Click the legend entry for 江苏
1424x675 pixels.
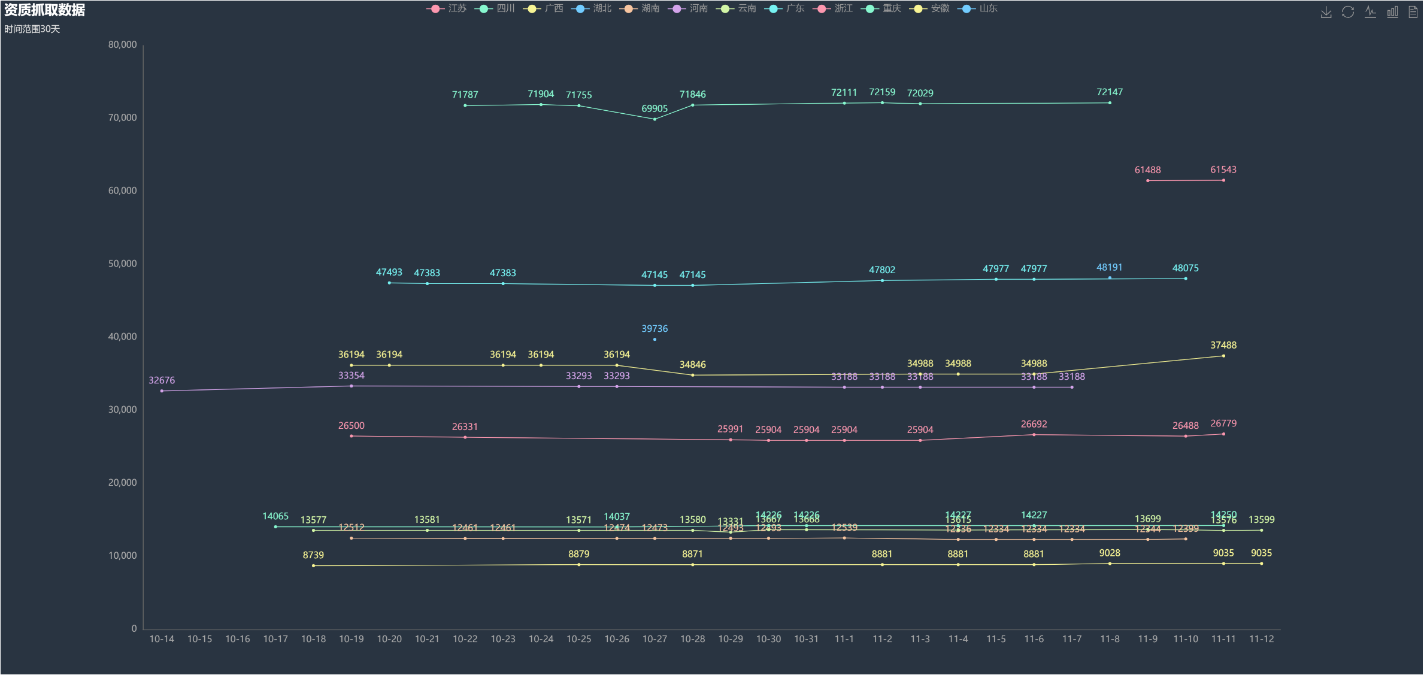click(x=447, y=8)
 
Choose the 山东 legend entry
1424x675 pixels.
click(x=978, y=8)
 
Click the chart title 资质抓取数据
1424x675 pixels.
click(x=45, y=10)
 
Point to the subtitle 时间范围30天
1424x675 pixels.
click(x=32, y=29)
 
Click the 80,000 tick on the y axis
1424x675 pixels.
click(x=122, y=45)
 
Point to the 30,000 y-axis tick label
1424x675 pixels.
click(x=122, y=410)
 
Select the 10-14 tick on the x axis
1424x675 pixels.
click(x=162, y=639)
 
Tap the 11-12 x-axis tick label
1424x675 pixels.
click(x=1261, y=639)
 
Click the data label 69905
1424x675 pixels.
click(x=655, y=108)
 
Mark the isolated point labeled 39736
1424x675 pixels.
click(x=655, y=340)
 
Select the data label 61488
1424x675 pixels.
click(x=1147, y=170)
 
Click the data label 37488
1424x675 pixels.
click(x=1223, y=345)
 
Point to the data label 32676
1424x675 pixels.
click(x=162, y=380)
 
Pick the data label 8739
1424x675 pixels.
click(x=313, y=555)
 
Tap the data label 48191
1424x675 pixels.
click(x=1110, y=268)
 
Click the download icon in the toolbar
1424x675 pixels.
click(x=1326, y=12)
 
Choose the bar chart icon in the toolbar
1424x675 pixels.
click(x=1392, y=12)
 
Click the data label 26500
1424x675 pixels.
click(x=352, y=426)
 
